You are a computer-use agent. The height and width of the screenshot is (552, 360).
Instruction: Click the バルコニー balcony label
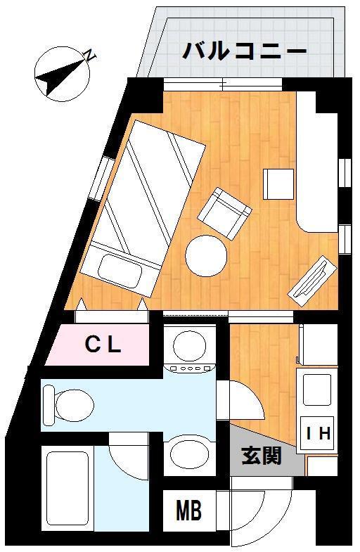point(245,51)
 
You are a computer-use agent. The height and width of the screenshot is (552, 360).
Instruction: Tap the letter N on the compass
point(91,56)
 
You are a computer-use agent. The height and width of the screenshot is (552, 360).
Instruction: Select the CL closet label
point(103,345)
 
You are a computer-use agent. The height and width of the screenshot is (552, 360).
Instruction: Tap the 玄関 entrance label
point(262,456)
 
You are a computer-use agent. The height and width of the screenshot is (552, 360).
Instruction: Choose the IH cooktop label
point(318,433)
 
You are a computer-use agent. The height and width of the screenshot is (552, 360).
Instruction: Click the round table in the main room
point(206,256)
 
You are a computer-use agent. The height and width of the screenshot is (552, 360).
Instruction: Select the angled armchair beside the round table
point(224,213)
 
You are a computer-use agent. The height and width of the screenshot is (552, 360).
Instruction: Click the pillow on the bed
point(120,271)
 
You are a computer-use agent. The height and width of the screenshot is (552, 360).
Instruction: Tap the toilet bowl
point(75,405)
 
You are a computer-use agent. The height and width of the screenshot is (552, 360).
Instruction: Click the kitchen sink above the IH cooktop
point(316,390)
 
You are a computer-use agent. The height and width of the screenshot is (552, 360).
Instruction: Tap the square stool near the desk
point(278,184)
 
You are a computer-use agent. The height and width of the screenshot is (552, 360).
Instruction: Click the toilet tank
point(49,405)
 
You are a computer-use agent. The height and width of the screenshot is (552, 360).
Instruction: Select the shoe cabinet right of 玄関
point(322,466)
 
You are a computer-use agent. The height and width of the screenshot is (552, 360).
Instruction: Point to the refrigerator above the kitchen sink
point(318,345)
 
